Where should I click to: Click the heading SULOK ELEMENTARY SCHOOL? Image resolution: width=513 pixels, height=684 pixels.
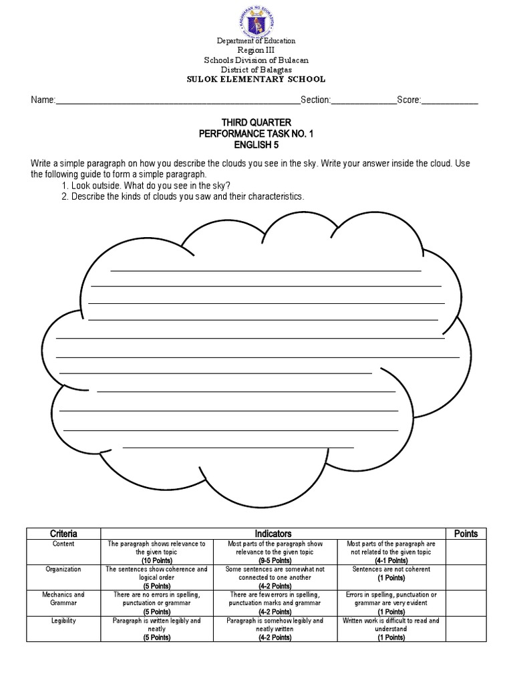pyautogui.click(x=256, y=79)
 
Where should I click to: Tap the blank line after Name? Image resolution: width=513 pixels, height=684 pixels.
pyautogui.click(x=177, y=102)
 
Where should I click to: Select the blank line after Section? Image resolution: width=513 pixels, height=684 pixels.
pyautogui.click(x=363, y=102)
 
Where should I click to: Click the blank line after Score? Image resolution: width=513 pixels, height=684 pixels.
pyautogui.click(x=449, y=102)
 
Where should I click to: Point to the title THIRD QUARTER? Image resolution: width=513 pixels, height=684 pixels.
pyautogui.click(x=256, y=123)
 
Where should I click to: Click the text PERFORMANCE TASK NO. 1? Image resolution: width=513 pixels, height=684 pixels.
pyautogui.click(x=256, y=134)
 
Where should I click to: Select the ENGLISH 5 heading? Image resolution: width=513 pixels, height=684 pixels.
pyautogui.click(x=256, y=144)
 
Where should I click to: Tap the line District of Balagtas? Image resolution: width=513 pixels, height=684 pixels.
pyautogui.click(x=256, y=69)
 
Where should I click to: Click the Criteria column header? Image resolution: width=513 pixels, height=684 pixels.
pyautogui.click(x=63, y=534)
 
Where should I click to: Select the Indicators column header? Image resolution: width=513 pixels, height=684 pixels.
pyautogui.click(x=273, y=534)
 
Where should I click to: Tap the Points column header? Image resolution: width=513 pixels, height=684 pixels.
pyautogui.click(x=466, y=534)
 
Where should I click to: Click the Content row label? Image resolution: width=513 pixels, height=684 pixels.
pyautogui.click(x=63, y=544)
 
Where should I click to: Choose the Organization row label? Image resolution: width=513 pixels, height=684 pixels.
pyautogui.click(x=63, y=570)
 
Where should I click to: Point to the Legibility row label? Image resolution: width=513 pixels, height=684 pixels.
pyautogui.click(x=63, y=621)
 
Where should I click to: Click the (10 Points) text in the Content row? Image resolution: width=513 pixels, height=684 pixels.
pyautogui.click(x=157, y=561)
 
